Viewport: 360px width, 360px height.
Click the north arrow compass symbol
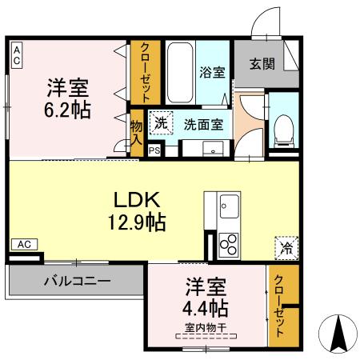point(337,332)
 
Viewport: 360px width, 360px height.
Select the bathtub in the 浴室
point(181,72)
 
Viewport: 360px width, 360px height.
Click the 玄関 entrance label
point(261,65)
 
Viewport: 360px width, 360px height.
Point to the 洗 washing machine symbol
point(161,123)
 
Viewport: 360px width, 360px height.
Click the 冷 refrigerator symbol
point(285,248)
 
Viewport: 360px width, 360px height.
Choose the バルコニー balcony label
point(77,282)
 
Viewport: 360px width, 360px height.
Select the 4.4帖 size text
point(207,308)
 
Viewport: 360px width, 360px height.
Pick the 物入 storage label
point(136,132)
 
